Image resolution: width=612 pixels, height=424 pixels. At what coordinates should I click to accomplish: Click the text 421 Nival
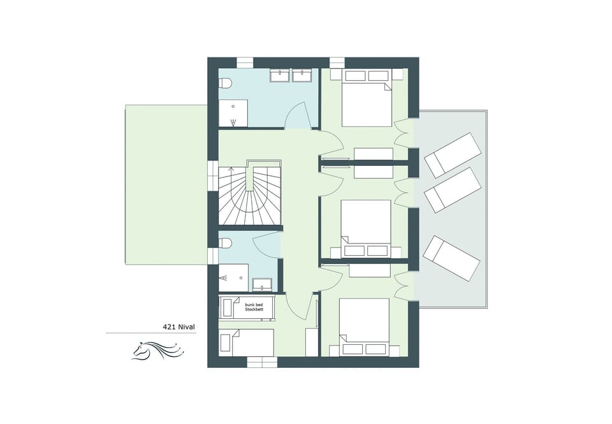(178, 326)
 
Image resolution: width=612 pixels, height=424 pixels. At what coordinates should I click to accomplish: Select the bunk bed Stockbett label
(254, 307)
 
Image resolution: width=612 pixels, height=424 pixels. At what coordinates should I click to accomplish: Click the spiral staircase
(249, 194)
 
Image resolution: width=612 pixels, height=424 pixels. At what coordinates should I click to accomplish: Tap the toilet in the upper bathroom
(225, 84)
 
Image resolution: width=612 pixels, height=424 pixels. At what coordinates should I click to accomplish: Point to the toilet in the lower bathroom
(225, 243)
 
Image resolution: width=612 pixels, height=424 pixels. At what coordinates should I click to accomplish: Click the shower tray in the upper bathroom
(234, 112)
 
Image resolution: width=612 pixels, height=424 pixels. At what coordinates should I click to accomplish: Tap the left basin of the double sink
(280, 77)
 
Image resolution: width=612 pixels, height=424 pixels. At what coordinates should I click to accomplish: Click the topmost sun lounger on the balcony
(453, 155)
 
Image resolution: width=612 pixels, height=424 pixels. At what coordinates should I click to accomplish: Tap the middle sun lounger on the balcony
(453, 189)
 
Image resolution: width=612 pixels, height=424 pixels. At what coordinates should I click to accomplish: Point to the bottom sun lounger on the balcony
(451, 258)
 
